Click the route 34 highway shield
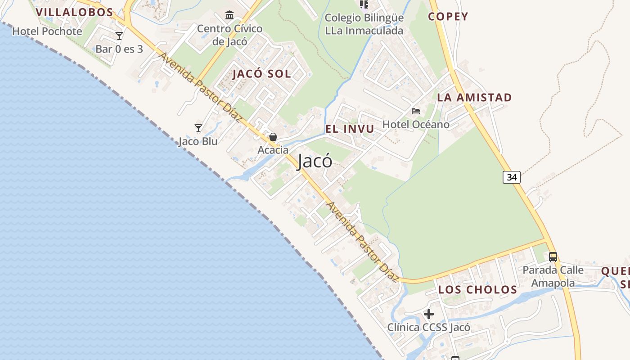[511, 177]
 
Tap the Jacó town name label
[315, 161]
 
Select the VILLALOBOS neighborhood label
[74, 12]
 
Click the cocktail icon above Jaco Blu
[198, 128]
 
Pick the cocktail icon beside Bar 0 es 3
[119, 36]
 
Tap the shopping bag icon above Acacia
[273, 137]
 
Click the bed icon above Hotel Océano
[416, 111]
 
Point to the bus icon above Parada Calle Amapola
[553, 257]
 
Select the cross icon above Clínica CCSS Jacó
[429, 314]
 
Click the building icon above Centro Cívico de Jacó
[229, 15]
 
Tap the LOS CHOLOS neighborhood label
[477, 289]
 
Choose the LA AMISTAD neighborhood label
[474, 97]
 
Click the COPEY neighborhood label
[448, 17]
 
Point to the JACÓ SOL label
[261, 74]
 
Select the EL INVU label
[350, 129]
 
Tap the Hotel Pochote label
[47, 31]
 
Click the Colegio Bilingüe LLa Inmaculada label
[364, 24]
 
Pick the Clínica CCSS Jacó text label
[429, 327]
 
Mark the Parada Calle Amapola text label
[553, 276]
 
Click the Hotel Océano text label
[416, 124]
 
